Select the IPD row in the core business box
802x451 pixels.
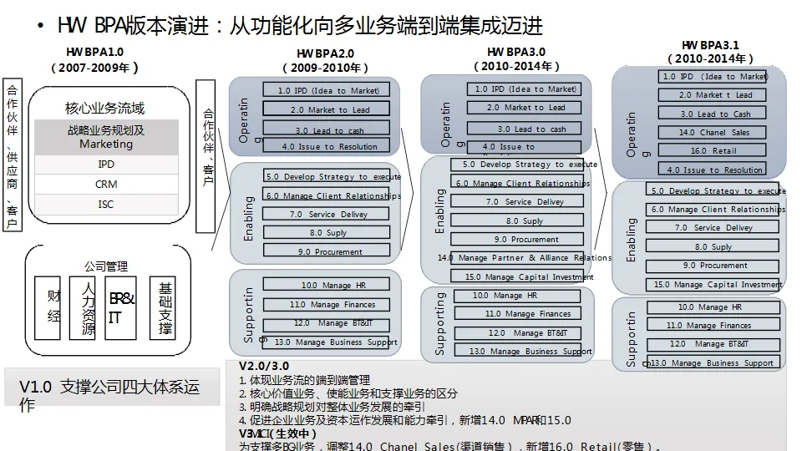click(106, 165)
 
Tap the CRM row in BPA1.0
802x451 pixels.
click(106, 185)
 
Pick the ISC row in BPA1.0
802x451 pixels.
click(106, 205)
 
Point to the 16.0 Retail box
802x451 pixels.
click(713, 151)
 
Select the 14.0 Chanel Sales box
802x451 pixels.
click(713, 133)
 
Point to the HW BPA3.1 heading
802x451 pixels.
click(710, 45)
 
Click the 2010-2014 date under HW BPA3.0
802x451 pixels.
click(515, 66)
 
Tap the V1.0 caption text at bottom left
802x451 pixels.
click(109, 395)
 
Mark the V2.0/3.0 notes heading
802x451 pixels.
click(264, 367)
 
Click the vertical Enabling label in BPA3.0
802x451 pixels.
click(440, 210)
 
